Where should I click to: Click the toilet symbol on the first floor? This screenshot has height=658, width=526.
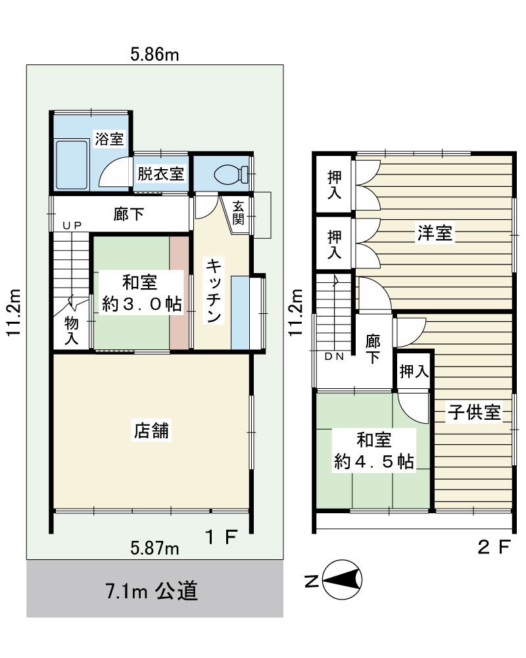coord(231,174)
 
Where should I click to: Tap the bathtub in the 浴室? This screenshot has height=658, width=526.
coord(72,165)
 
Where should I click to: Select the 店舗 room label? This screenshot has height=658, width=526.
coord(151,430)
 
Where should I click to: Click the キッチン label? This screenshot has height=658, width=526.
coord(214,291)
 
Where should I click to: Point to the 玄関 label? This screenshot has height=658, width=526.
coord(238,213)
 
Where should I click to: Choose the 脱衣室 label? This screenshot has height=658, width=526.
coord(161,174)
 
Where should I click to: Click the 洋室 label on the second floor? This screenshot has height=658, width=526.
coord(435,233)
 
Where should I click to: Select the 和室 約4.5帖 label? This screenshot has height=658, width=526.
coord(373,451)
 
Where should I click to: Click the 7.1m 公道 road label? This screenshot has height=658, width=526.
coord(151,591)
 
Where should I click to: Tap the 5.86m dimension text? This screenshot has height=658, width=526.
coord(155,55)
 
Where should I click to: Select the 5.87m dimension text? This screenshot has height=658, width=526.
coord(155,548)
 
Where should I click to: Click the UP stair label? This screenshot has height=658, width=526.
coord(72,225)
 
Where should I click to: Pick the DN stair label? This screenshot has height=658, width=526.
coord(334,357)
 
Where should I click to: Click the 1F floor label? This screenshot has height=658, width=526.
coord(222,537)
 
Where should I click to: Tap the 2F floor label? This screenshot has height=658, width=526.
coord(494,547)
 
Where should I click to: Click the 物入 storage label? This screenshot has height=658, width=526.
coord(71,331)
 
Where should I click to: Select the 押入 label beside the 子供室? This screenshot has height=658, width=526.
coord(414,371)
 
